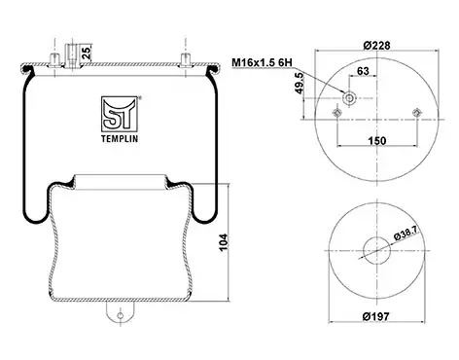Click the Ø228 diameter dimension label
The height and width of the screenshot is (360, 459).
(376, 45)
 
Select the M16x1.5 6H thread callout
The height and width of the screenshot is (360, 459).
(262, 62)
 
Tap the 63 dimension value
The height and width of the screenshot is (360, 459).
(363, 70)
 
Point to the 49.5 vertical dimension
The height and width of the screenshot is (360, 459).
(300, 83)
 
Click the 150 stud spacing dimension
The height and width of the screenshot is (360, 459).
(377, 141)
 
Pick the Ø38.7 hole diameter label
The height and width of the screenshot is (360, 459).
(406, 233)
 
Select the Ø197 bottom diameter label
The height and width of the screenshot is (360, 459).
(375, 316)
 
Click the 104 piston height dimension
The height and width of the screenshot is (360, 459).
(224, 242)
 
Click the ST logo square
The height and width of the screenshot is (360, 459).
(120, 114)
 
